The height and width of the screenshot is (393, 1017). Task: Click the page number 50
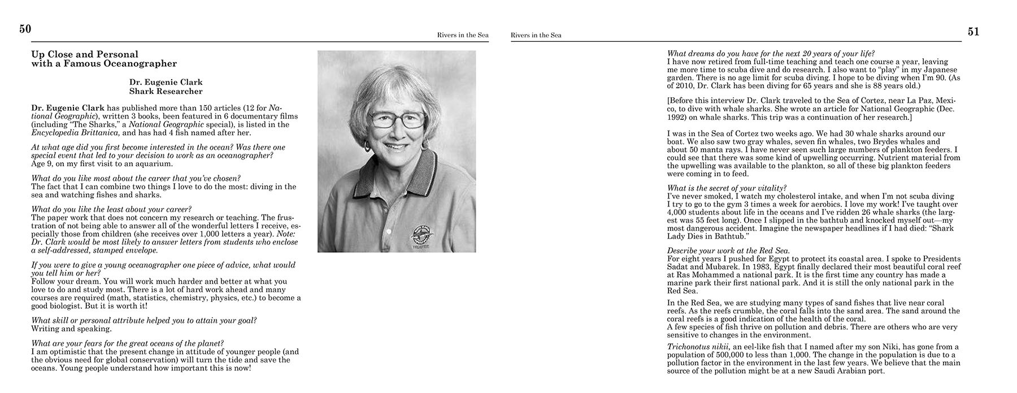[x=25, y=29]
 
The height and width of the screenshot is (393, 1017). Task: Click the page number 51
[x=973, y=32]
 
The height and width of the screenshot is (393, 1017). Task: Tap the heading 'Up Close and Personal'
[x=85, y=54]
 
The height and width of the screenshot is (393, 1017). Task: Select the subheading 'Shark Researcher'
[x=166, y=91]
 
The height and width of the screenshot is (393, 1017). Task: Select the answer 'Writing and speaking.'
[x=71, y=328]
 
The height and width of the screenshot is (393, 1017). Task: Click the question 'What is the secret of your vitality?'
[x=727, y=188]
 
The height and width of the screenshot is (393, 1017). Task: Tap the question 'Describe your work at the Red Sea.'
[x=728, y=251]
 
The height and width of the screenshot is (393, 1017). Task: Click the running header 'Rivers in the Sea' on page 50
[x=463, y=35]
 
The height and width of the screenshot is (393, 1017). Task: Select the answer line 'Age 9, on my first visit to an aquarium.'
[x=102, y=164]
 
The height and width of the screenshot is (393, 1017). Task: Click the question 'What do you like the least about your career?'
[x=111, y=209]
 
